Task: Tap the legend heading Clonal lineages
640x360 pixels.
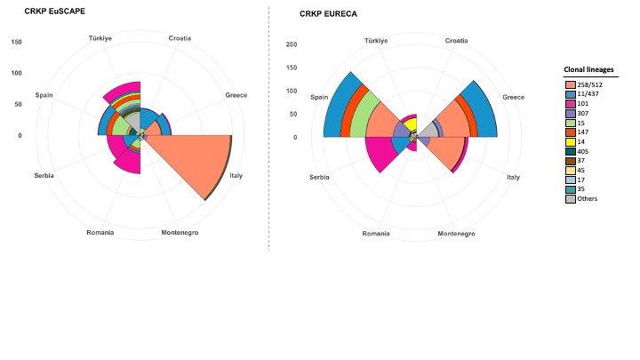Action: (595, 68)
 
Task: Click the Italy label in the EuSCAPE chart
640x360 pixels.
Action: (236, 176)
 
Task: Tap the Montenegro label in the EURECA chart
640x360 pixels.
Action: (456, 234)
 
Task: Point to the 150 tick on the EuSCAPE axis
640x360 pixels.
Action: (17, 43)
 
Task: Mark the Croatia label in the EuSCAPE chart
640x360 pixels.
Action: (180, 38)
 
